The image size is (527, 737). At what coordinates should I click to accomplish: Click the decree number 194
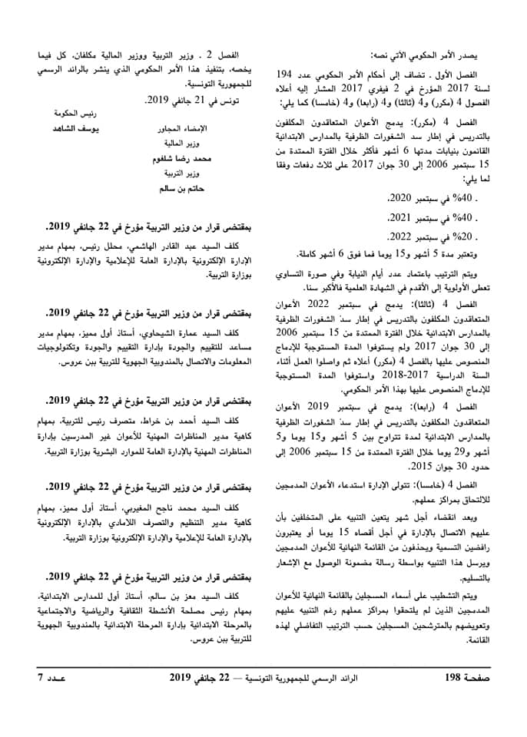[x=286, y=73]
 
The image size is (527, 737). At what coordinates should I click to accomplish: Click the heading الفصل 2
[x=227, y=55]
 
